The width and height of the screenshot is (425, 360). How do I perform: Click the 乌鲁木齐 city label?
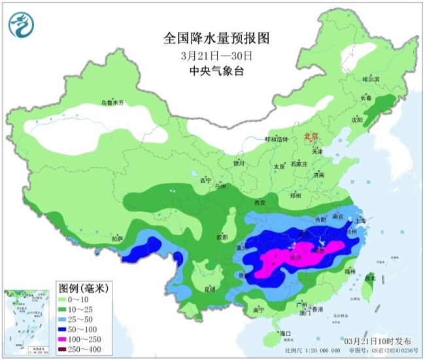pyautogui.click(x=112, y=103)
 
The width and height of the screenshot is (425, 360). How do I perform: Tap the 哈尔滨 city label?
pyautogui.click(x=371, y=78)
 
